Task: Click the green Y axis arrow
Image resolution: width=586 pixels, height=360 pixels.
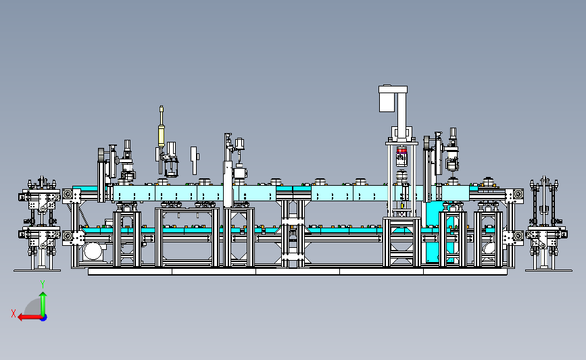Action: click(43, 304)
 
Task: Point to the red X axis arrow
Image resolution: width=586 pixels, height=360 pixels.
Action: click(30, 317)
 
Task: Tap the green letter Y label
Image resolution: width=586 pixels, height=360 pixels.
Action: click(43, 284)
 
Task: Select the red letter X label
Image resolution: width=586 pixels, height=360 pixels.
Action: click(14, 313)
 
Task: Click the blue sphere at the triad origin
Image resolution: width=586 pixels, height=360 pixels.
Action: click(44, 318)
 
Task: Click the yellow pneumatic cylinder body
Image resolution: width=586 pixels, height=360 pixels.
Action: click(161, 135)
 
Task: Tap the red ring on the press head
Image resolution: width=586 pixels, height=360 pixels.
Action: click(401, 150)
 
